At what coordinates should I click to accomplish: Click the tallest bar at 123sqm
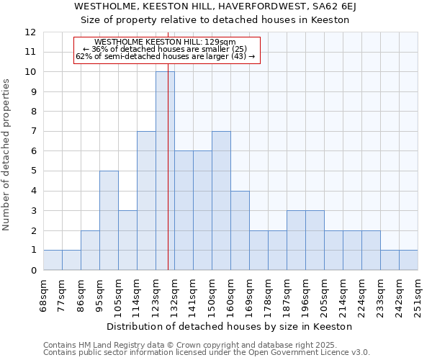tap(165, 171)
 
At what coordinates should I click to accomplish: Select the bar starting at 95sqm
tap(109, 220)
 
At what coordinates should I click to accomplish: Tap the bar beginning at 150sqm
tap(221, 201)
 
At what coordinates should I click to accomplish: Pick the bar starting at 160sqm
tap(240, 230)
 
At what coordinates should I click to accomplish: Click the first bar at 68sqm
tap(53, 260)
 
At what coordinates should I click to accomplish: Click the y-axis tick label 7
tap(33, 132)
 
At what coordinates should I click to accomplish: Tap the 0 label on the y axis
tap(33, 271)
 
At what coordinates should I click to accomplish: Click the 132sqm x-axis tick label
tap(174, 295)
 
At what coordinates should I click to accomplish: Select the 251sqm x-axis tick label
tap(418, 295)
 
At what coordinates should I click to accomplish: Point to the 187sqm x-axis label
tap(287, 295)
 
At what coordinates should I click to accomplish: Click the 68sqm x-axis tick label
tap(43, 295)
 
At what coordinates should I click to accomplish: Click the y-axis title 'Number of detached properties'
tap(7, 155)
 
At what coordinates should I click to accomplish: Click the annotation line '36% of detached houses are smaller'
tap(165, 49)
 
